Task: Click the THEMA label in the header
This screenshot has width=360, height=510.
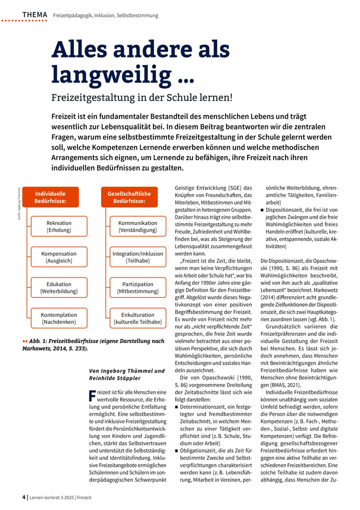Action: coord(35,15)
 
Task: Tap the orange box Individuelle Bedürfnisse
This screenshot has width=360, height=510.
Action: coord(50,197)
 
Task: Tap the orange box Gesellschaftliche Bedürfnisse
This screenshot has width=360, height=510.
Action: coord(126,197)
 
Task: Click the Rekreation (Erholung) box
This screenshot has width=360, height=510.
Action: coord(59,227)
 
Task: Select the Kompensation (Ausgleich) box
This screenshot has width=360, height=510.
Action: coord(59,257)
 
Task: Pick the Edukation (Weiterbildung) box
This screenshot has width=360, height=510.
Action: coord(59,288)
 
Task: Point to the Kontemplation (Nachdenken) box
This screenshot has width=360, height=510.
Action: coord(59,318)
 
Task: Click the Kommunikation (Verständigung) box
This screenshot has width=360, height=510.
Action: coord(137,227)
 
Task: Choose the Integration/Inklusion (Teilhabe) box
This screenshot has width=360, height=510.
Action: coord(137,257)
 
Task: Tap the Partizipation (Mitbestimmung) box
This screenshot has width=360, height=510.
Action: coord(137,288)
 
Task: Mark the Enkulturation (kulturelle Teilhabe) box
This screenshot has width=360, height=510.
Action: coord(137,318)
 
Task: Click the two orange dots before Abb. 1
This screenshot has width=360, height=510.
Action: coord(25,341)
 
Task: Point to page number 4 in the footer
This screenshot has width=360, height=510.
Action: coord(24,497)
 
